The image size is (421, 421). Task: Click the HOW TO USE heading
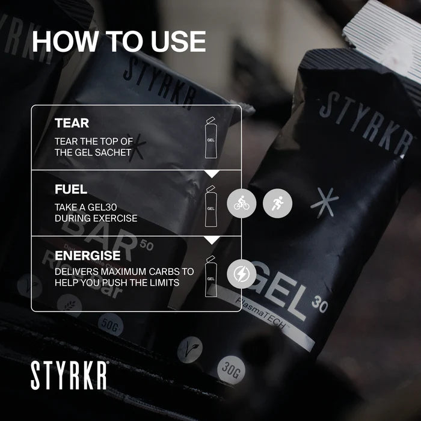coord(118,41)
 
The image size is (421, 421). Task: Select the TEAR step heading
coord(72,123)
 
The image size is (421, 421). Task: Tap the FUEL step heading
coord(70,189)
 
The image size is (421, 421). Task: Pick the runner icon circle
coord(278,204)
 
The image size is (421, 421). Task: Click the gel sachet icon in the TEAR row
coord(210,138)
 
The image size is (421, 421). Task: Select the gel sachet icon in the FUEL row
coord(210,206)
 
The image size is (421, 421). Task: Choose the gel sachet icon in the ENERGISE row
coord(210,276)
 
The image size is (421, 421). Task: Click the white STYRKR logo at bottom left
coord(69,375)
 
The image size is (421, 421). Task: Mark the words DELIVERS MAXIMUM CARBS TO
coord(124,272)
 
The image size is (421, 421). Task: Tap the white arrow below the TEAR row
coord(211,174)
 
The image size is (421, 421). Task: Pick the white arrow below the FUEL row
coord(211,240)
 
